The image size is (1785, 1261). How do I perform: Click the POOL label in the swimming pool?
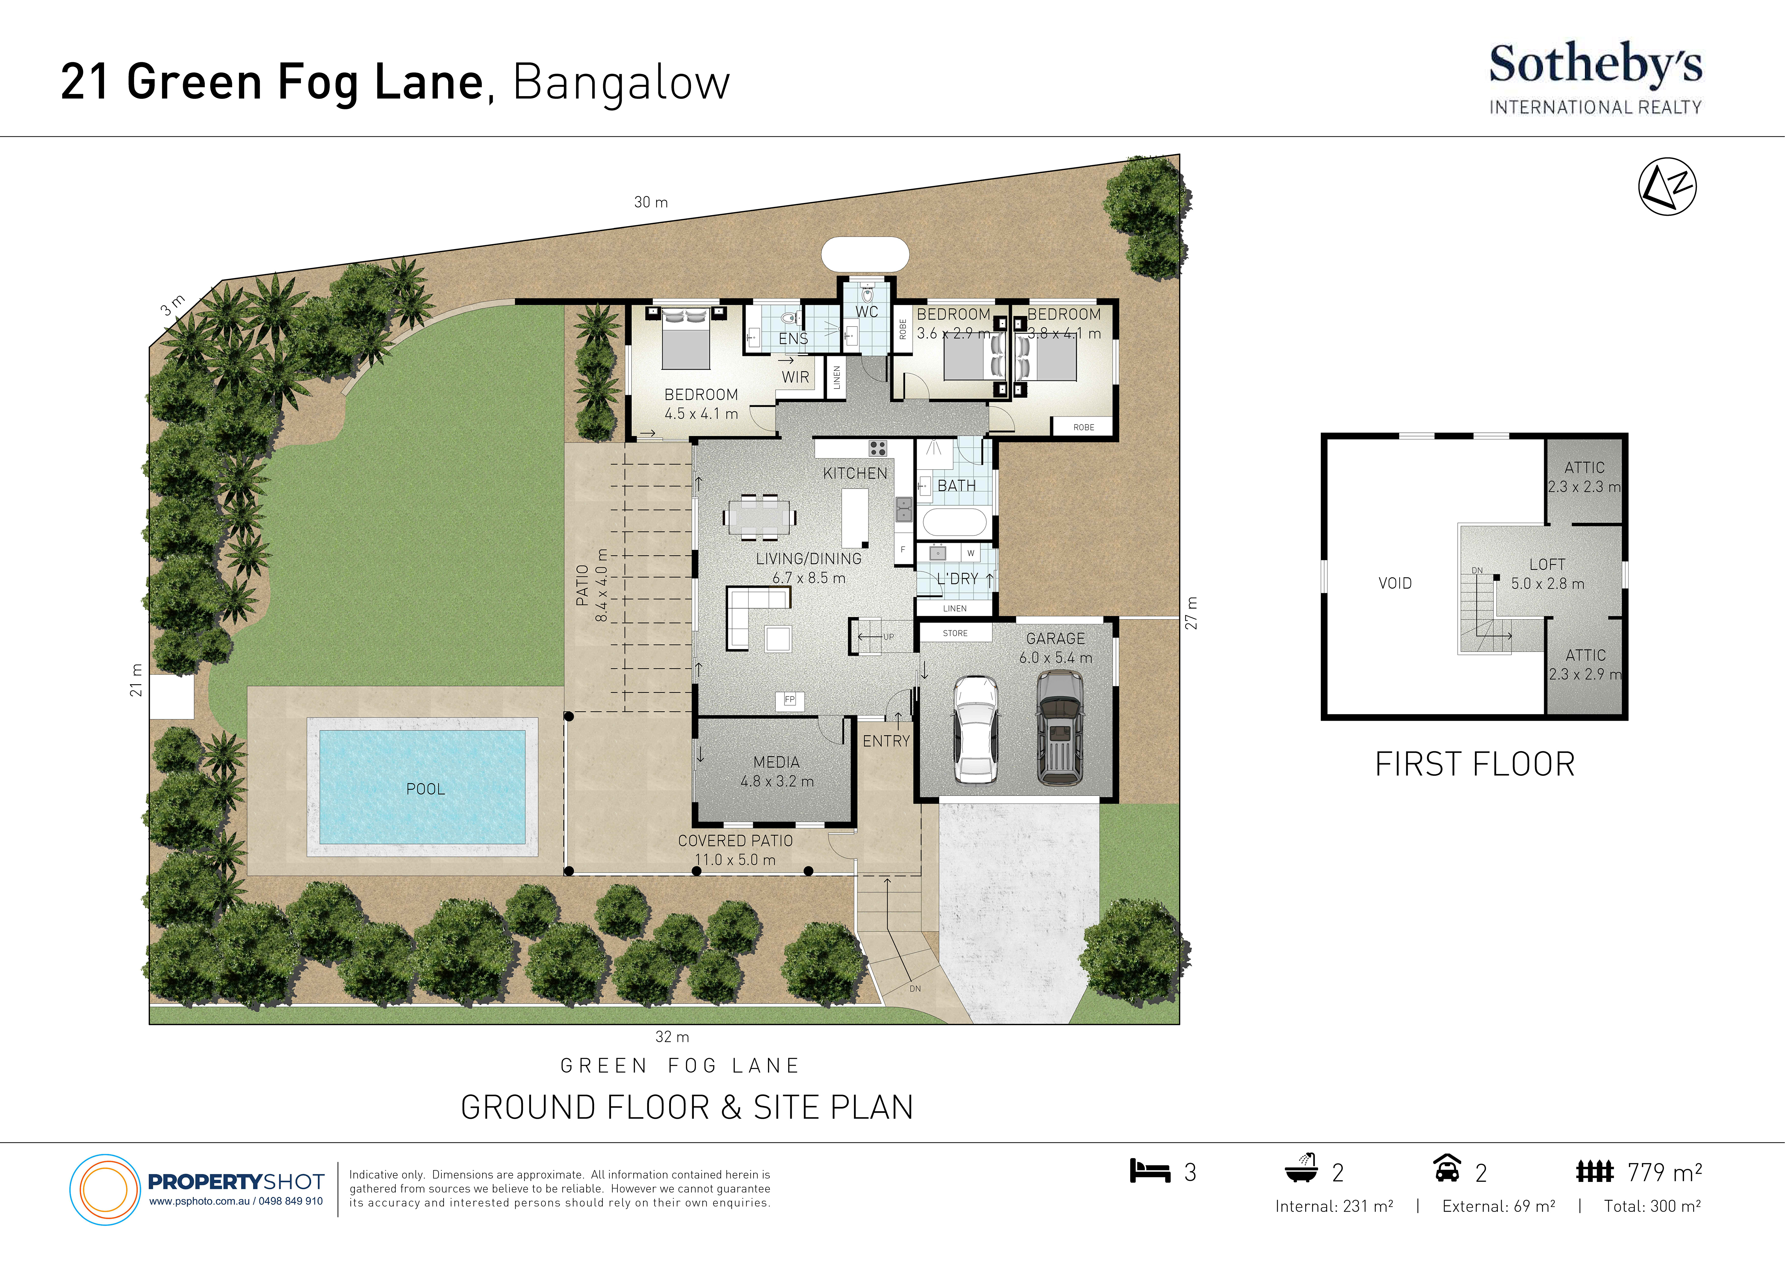[x=425, y=789]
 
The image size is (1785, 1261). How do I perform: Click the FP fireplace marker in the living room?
[x=790, y=700]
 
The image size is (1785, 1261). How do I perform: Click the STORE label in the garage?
[x=955, y=633]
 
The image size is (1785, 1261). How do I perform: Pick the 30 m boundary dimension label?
[x=651, y=202]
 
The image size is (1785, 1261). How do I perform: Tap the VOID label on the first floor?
[x=1395, y=583]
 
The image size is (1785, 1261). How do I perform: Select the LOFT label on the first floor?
[x=1547, y=564]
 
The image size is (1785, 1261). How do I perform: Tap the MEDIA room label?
[x=776, y=762]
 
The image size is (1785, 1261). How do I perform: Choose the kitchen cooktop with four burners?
[x=878, y=448]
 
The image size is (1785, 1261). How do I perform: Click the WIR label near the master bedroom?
[x=795, y=377]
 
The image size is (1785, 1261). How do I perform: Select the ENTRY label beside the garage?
[x=885, y=741]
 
